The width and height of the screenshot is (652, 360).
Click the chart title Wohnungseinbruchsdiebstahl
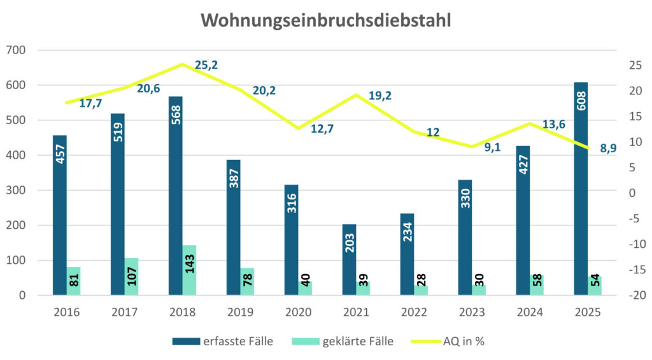326,20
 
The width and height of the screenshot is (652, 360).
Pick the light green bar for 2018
189,270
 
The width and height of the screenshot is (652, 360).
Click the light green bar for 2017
131,277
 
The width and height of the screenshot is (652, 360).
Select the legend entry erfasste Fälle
223,342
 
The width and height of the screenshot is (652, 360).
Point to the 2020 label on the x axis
299,313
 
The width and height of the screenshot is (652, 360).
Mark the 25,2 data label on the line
206,65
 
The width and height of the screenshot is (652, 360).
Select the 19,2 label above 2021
379,96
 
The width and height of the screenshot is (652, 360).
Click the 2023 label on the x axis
472,313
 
